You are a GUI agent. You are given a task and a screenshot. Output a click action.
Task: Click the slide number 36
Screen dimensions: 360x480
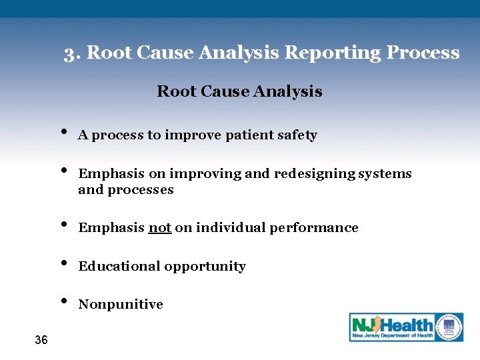pyautogui.click(x=41, y=341)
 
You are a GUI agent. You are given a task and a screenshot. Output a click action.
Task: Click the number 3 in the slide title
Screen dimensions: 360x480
pyautogui.click(x=69, y=53)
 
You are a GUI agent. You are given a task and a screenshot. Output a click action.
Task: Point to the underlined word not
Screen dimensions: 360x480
pyautogui.click(x=160, y=228)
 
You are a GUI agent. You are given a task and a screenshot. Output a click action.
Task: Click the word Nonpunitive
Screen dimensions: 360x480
pyautogui.click(x=121, y=305)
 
